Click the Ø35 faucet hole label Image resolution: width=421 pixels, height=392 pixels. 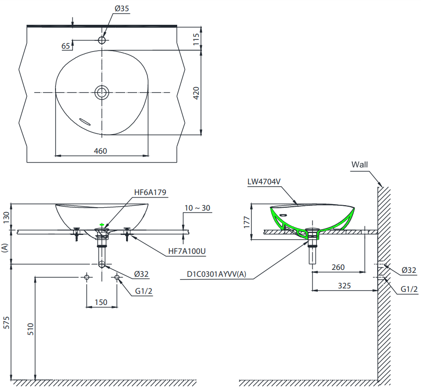[x=122, y=9]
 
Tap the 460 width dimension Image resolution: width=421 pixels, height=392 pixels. [x=100, y=151]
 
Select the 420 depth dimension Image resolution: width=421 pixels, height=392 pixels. [x=196, y=93]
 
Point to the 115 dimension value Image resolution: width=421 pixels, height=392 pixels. [x=196, y=39]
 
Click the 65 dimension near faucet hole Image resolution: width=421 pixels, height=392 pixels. [x=66, y=46]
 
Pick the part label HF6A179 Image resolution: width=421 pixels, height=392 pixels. [x=150, y=192]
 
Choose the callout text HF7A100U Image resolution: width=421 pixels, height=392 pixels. [x=187, y=251]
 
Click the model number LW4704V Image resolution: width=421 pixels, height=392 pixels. [x=264, y=181]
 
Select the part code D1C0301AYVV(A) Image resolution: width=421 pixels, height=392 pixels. [x=217, y=274]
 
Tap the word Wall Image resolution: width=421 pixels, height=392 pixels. [x=360, y=164]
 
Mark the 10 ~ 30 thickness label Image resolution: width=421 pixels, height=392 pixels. [x=197, y=208]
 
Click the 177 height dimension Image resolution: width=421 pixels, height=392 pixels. [x=247, y=222]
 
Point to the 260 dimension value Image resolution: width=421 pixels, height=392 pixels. [x=338, y=267]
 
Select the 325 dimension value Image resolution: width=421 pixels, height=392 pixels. [x=344, y=285]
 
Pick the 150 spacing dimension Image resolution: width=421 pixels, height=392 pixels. [x=101, y=303]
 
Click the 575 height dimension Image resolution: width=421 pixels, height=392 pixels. [x=6, y=322]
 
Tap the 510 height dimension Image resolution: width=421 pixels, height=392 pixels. [x=31, y=329]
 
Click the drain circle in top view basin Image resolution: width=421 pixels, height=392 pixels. [x=102, y=92]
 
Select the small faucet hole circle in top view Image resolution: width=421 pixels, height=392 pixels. [x=102, y=40]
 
